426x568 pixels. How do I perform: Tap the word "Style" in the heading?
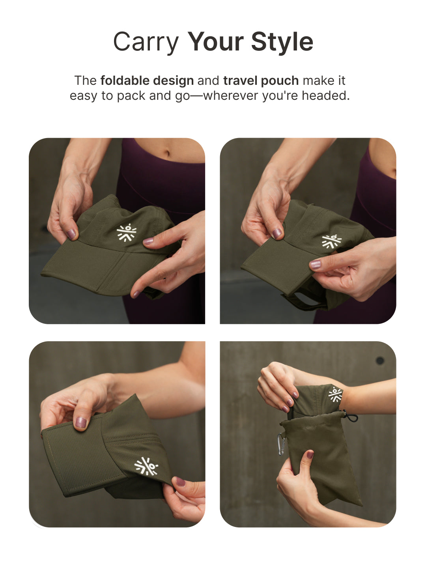tap(282, 41)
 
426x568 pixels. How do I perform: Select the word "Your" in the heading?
tap(215, 41)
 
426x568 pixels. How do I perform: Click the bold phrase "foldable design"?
tap(147, 81)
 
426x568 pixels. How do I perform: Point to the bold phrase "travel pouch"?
tap(261, 81)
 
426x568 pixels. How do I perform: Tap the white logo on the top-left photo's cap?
tap(127, 232)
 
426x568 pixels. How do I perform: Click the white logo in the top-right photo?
tap(331, 241)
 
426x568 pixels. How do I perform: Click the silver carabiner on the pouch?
tap(281, 444)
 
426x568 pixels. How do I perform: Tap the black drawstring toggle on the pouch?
tap(351, 417)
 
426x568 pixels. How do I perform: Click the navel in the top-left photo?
tap(167, 153)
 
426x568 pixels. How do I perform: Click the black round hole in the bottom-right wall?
tap(380, 361)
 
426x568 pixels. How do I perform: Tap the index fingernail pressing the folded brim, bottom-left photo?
tap(81, 422)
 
